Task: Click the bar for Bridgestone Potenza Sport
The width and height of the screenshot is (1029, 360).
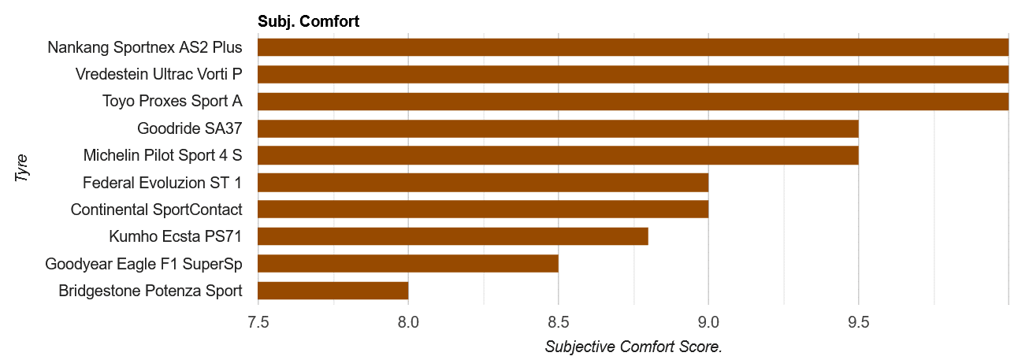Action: (x=332, y=291)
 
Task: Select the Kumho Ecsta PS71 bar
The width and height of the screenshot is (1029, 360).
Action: (x=452, y=236)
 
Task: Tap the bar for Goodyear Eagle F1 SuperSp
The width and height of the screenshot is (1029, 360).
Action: (x=407, y=263)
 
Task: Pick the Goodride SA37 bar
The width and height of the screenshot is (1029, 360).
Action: (x=558, y=128)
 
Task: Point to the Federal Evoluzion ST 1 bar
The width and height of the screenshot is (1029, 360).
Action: (x=483, y=183)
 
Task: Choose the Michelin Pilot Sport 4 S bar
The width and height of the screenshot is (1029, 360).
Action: (x=558, y=155)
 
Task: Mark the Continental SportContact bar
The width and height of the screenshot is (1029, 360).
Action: (x=483, y=210)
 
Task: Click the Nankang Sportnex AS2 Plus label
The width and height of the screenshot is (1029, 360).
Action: (x=145, y=47)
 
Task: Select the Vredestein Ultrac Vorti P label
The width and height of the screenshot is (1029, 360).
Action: (x=158, y=74)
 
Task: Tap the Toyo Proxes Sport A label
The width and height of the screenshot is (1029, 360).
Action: (x=172, y=102)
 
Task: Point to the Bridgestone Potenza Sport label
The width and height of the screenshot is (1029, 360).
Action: (x=150, y=291)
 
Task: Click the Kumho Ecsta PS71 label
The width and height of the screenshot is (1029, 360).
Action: (x=176, y=236)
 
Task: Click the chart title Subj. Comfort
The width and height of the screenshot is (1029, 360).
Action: (x=308, y=22)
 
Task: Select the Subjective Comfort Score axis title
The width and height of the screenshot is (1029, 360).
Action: (x=633, y=347)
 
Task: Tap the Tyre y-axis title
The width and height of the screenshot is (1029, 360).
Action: (x=22, y=169)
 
